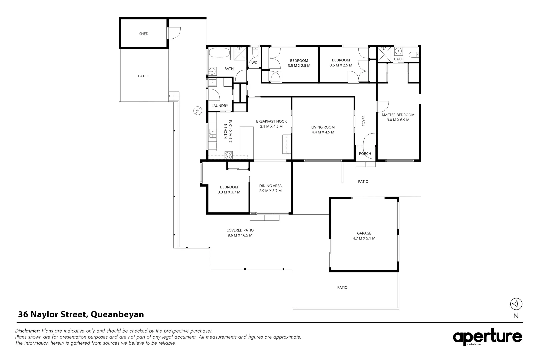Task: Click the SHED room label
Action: coord(144,34)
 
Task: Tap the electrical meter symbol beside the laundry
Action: coord(198,111)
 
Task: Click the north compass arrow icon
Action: coord(516,304)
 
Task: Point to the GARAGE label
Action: coord(364,233)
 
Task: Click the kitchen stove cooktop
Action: coord(229,155)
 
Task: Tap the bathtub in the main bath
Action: coord(220,53)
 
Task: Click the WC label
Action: coord(254,63)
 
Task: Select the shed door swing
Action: coord(174,33)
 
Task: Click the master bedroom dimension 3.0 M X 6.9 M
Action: coord(398,120)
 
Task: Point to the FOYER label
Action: coord(364,121)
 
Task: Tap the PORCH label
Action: coord(365,154)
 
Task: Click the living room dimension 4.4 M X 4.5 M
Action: coord(323,132)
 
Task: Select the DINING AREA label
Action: coord(270,186)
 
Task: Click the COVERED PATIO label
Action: coord(240,230)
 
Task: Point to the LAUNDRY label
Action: coord(220,106)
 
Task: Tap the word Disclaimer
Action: coord(27,331)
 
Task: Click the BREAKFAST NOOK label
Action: coord(271,121)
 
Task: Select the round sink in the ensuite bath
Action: coord(398,51)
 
